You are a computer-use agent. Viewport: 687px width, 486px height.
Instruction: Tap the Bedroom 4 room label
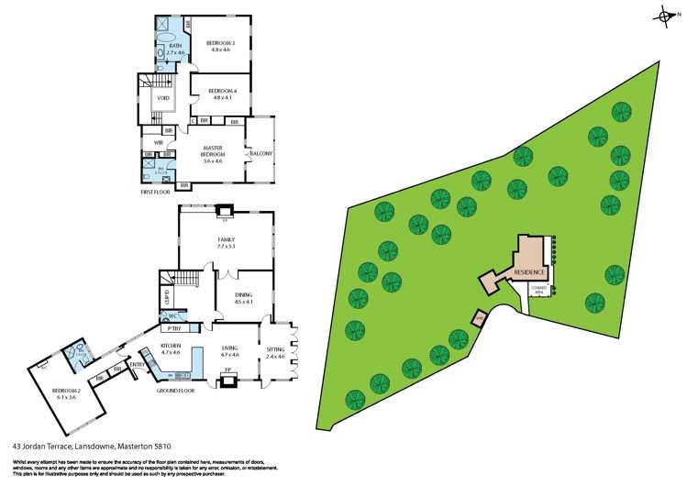tap(222, 91)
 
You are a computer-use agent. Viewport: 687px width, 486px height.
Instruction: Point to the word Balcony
tap(261, 153)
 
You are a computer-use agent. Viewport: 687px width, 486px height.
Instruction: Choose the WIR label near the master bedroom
tap(158, 143)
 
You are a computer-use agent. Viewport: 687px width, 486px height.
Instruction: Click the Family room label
tap(227, 240)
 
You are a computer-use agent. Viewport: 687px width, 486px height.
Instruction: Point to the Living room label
tap(230, 347)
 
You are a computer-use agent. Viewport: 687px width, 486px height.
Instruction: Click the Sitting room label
tap(275, 350)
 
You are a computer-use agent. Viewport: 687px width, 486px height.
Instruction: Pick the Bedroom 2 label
tap(64, 392)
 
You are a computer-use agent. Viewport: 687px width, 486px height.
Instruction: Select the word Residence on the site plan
tap(529, 272)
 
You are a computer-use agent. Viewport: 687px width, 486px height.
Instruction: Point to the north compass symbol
tap(663, 16)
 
